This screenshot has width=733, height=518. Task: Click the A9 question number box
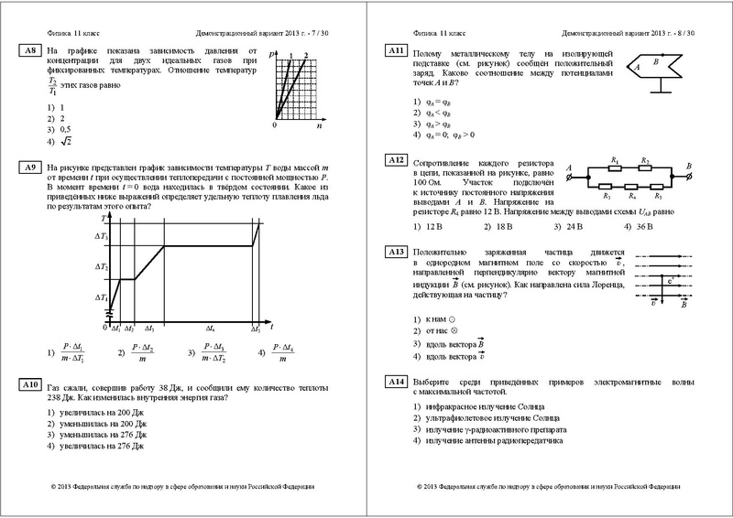click(29, 167)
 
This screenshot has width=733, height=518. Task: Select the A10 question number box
click(29, 387)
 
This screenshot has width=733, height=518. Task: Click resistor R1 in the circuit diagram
click(615, 166)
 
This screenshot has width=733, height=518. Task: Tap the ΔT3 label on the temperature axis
click(101, 237)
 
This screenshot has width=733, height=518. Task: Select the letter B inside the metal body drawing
click(655, 63)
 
